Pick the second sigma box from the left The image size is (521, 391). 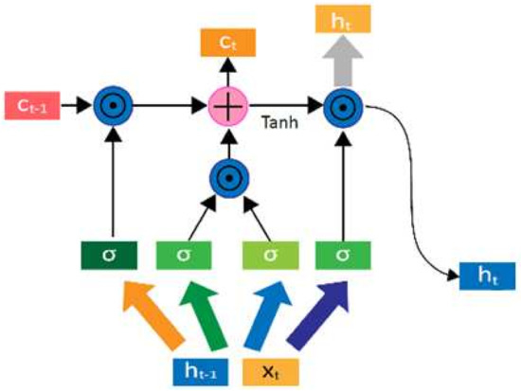click(x=188, y=256)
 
